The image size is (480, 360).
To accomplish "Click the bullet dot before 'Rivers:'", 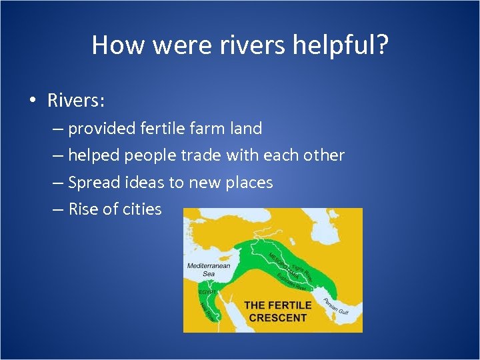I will [32, 101].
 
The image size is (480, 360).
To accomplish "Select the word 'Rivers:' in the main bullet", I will [76, 101].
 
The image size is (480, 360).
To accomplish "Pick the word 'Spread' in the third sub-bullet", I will [93, 182].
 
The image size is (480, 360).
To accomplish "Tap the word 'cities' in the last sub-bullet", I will [142, 209].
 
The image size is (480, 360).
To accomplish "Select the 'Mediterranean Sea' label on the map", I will [209, 269].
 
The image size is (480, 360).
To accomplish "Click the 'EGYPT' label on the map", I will [207, 292].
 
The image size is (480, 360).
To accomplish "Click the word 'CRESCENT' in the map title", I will [277, 317].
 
